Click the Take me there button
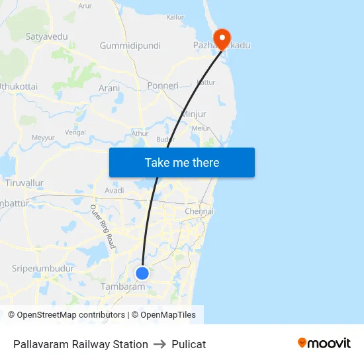(182, 162)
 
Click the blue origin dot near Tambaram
(142, 273)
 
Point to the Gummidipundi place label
(130, 46)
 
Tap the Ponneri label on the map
(163, 86)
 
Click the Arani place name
(109, 88)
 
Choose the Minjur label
(193, 114)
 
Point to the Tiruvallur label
(24, 182)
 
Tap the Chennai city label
(199, 211)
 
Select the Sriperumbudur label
(42, 268)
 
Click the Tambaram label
(122, 287)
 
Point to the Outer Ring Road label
(103, 227)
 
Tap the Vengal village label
(75, 132)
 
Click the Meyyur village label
(43, 138)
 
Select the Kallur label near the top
(175, 17)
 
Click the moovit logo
(324, 343)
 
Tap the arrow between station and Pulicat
(159, 344)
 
